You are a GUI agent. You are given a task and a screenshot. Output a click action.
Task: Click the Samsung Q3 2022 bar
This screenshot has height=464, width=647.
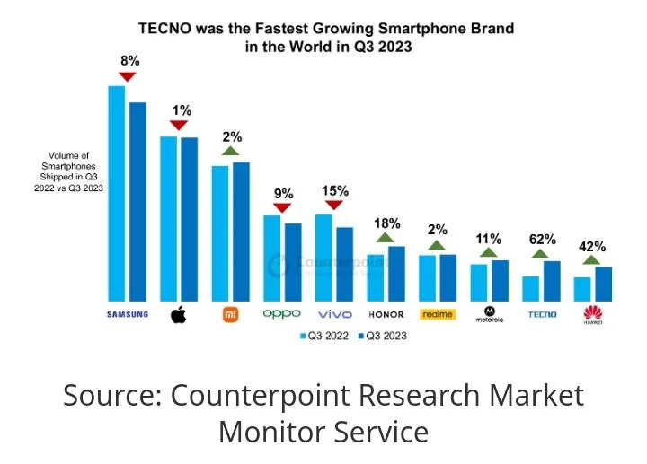click(x=116, y=193)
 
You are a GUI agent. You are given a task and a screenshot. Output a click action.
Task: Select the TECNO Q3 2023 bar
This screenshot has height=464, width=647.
click(x=552, y=281)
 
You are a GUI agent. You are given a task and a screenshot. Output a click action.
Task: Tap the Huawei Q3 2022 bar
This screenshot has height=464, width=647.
click(x=582, y=289)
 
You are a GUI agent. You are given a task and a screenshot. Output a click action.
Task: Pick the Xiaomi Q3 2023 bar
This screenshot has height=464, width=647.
click(x=241, y=232)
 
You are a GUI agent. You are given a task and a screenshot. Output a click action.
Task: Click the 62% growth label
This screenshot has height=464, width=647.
click(x=543, y=240)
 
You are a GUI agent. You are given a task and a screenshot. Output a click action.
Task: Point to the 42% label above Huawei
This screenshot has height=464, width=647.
click(x=593, y=246)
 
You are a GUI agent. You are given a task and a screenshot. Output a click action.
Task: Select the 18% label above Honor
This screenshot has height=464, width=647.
click(x=386, y=223)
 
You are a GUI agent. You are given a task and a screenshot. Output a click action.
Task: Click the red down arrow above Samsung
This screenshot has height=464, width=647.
click(x=127, y=77)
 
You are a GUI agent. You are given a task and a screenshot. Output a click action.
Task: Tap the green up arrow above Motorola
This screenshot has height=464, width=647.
click(x=490, y=253)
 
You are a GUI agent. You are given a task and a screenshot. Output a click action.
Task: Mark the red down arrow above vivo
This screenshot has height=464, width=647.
click(x=334, y=205)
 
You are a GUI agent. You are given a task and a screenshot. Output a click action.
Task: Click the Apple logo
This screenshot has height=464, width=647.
click(x=178, y=315)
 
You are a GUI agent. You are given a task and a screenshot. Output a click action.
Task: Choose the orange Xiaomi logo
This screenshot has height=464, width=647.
click(x=230, y=314)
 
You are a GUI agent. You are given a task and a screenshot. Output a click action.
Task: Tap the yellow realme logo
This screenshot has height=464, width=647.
click(x=438, y=314)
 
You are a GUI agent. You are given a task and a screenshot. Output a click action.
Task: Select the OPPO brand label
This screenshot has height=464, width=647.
click(x=281, y=314)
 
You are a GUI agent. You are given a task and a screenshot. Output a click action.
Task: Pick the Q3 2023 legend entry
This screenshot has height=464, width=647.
click(x=381, y=336)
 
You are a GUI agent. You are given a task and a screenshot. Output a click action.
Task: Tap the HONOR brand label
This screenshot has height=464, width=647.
click(x=386, y=315)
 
